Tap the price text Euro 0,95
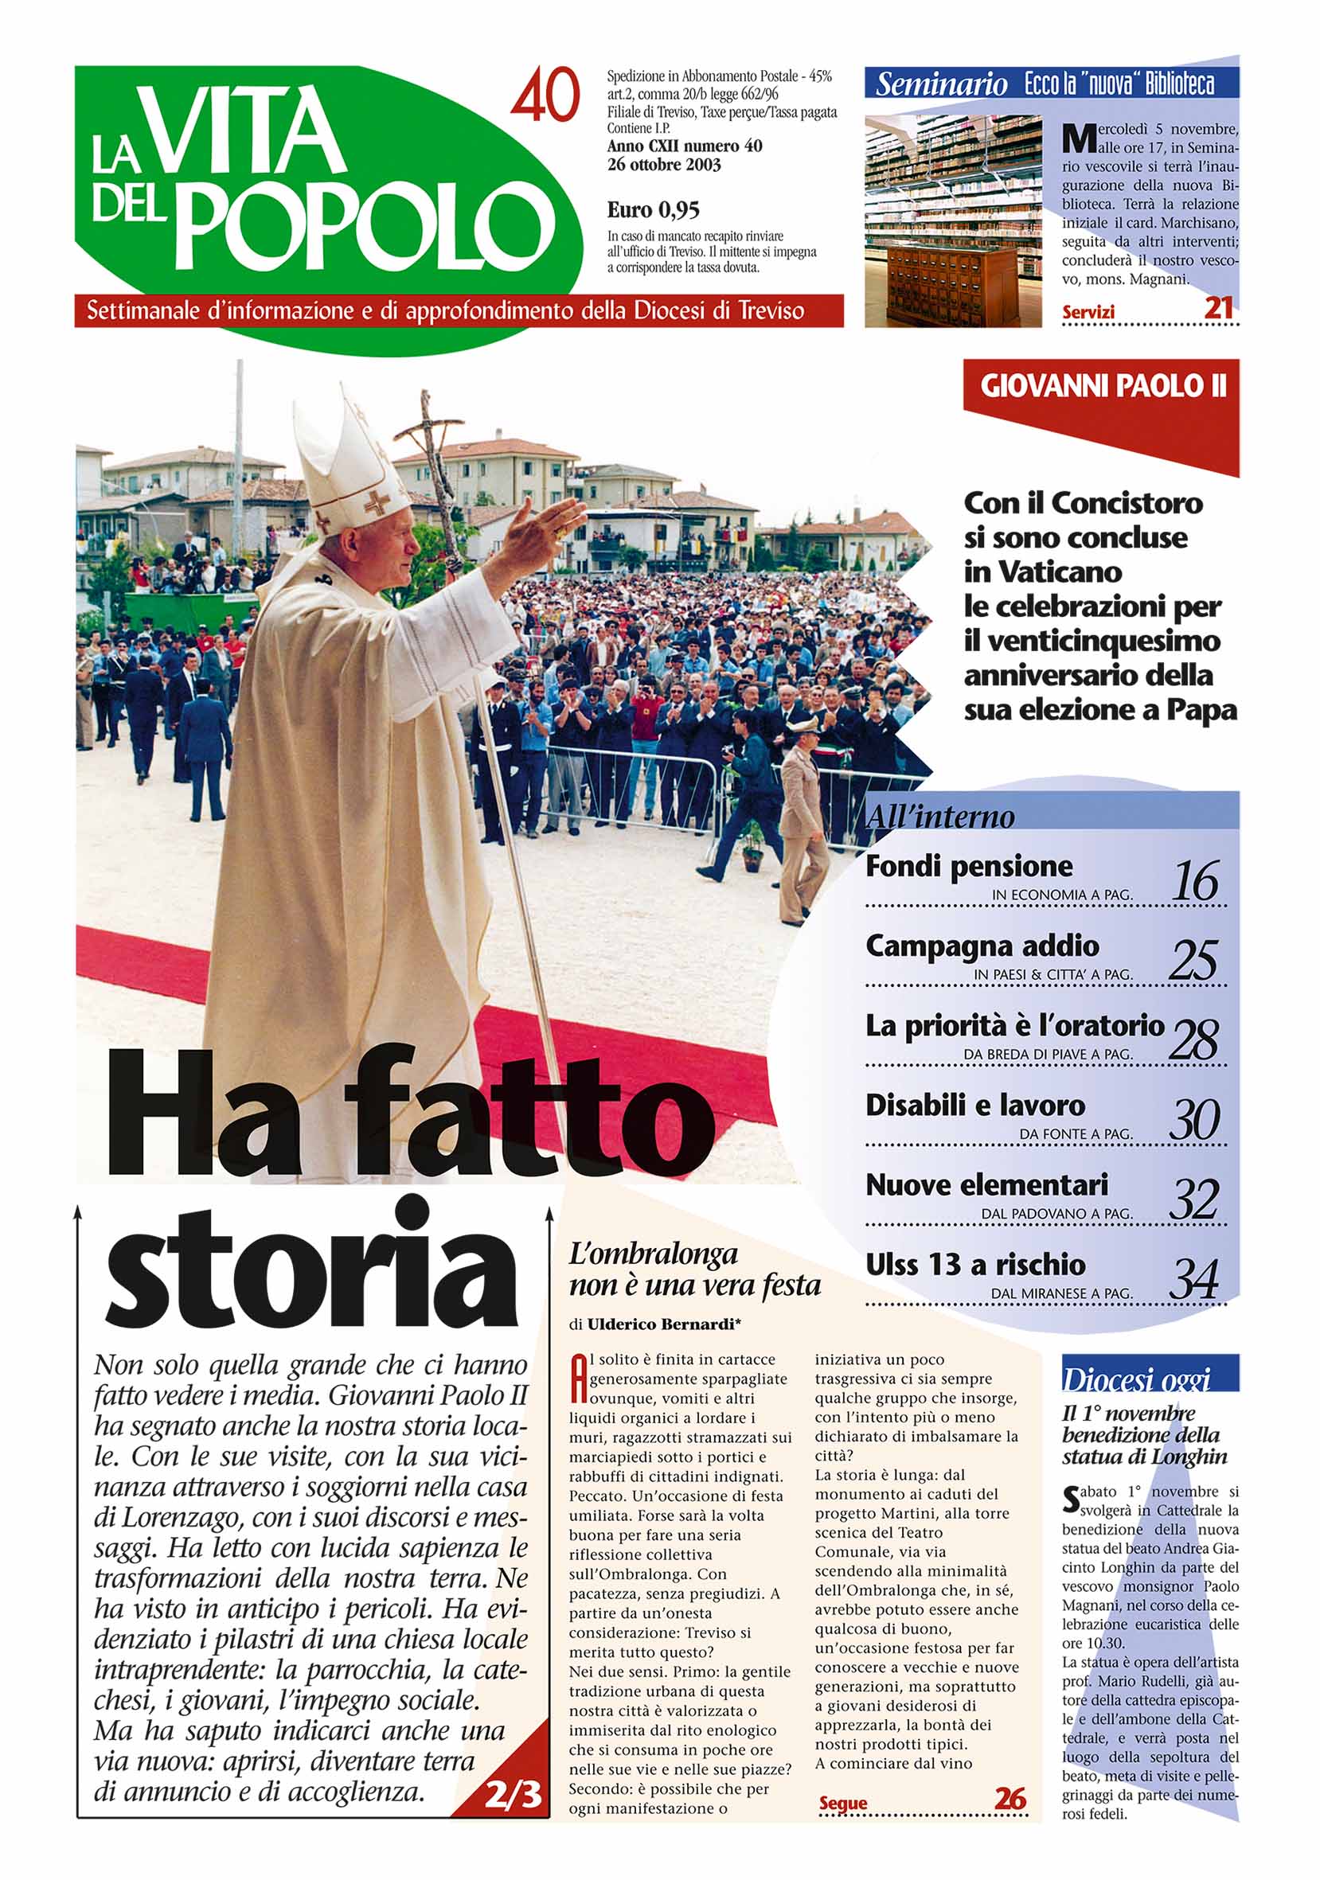653,210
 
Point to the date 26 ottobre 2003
663,165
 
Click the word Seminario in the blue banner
941,84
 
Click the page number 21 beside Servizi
1218,308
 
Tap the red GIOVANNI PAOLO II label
1103,386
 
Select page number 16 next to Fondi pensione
1195,881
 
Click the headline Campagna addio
982,946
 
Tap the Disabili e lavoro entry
974,1106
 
